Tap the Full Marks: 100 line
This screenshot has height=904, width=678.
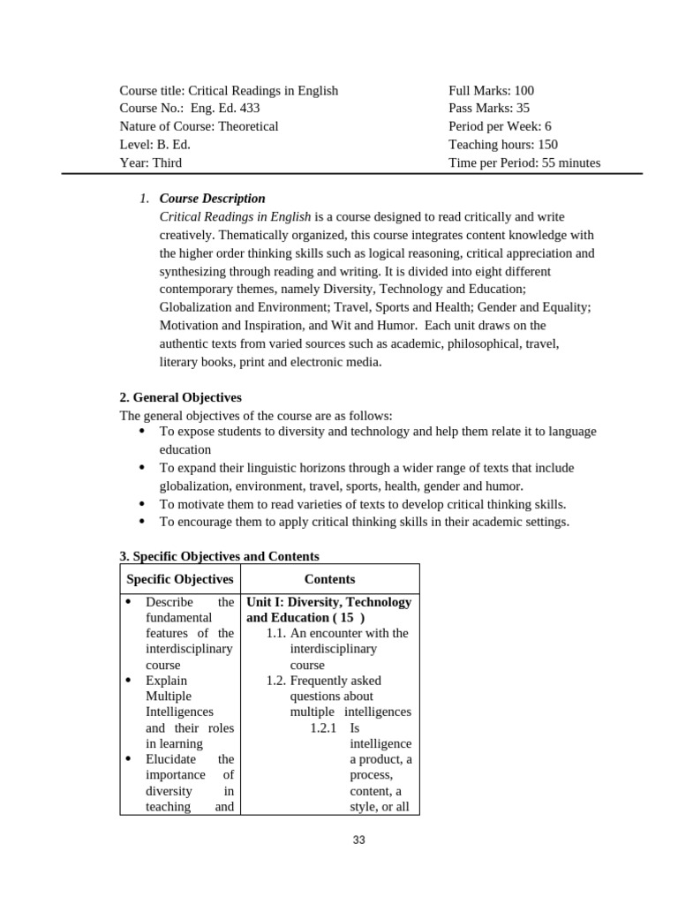tap(491, 91)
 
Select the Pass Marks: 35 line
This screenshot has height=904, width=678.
tap(489, 109)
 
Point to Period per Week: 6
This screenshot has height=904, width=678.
tap(500, 126)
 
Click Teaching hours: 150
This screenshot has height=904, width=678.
tap(502, 145)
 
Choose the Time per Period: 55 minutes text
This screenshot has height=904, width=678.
tap(524, 162)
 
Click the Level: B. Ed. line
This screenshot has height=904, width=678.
tap(154, 145)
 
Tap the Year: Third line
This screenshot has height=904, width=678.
tap(150, 162)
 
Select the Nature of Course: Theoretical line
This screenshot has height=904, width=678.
tap(199, 126)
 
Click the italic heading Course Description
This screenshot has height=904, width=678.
tap(212, 199)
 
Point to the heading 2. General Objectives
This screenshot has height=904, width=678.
tap(180, 397)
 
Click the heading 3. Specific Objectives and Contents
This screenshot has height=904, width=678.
tap(219, 556)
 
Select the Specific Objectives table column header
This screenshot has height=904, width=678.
tap(180, 579)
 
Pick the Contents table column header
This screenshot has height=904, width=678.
tap(329, 579)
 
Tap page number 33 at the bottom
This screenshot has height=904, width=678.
tap(358, 840)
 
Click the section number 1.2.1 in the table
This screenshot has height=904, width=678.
tap(324, 728)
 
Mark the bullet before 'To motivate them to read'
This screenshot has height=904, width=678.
tap(141, 504)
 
